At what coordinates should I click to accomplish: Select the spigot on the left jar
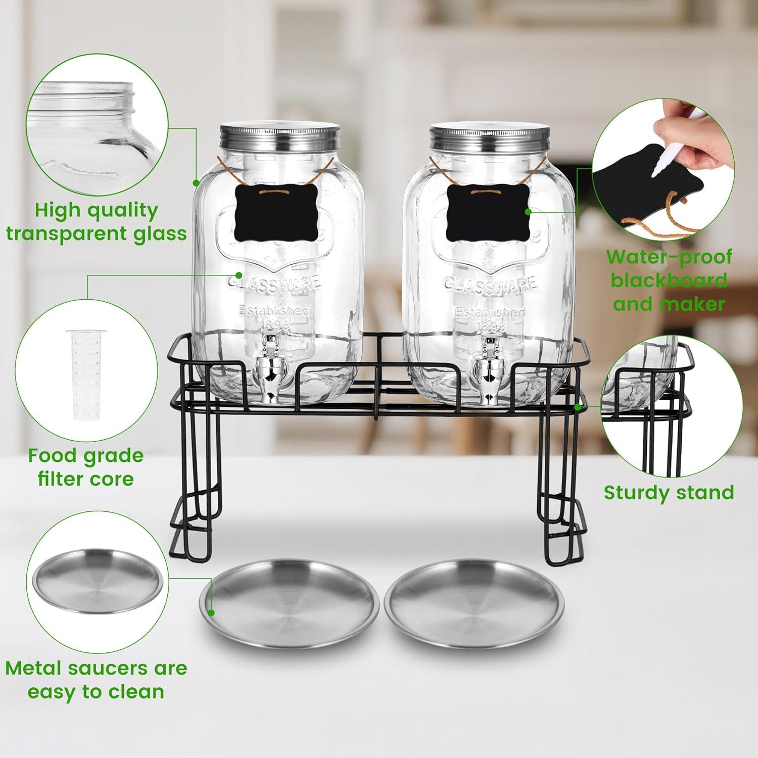click(x=269, y=369)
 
